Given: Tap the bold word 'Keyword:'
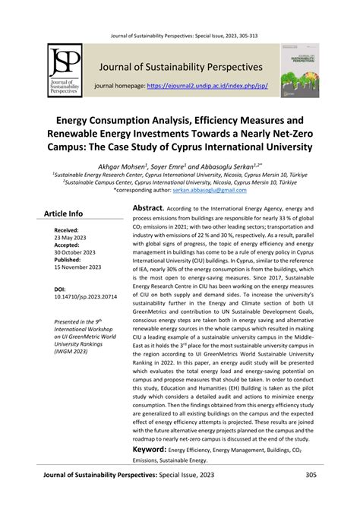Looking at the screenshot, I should point(156,449).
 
